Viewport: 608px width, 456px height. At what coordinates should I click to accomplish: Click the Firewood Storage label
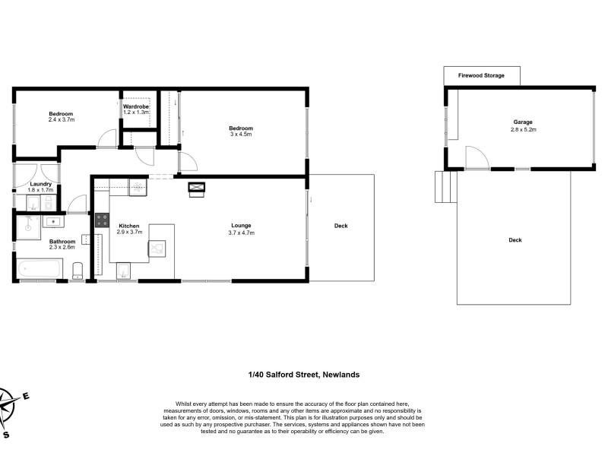[x=481, y=75]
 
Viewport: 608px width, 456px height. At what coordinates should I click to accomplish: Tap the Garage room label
[x=523, y=122]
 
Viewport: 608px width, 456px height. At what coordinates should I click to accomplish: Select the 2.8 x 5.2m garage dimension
[x=524, y=129]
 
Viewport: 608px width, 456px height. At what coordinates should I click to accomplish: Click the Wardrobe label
[x=136, y=106]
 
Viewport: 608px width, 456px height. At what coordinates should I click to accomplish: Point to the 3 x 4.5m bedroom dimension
[x=241, y=135]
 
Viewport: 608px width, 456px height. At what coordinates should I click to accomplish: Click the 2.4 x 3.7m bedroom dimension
[x=62, y=120]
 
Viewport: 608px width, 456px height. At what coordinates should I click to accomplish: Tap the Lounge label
[x=241, y=225]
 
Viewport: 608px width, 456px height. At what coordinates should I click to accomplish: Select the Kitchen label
[x=129, y=226]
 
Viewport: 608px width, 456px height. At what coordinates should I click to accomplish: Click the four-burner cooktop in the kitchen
[x=103, y=220]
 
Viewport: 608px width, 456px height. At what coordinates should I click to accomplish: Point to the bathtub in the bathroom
[x=40, y=268]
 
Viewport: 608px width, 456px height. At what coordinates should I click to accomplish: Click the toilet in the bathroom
[x=78, y=271]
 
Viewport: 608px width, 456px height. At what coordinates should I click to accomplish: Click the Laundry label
[x=41, y=184]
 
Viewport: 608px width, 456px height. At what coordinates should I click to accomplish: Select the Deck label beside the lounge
[x=340, y=226]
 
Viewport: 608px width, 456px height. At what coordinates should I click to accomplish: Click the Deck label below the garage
[x=515, y=240]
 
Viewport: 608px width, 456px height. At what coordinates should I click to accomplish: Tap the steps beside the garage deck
[x=446, y=187]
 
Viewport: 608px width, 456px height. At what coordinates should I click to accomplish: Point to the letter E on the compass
[x=26, y=396]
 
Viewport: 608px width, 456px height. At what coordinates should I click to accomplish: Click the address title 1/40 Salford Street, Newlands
[x=304, y=375]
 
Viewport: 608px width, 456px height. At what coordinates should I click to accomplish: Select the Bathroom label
[x=62, y=241]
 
